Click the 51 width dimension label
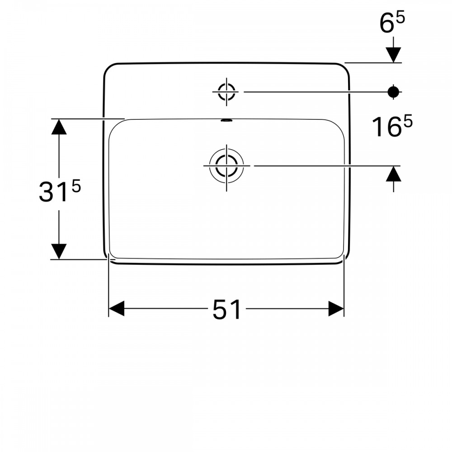click(x=226, y=310)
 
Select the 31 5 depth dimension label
click(x=60, y=191)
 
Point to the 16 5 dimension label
click(x=392, y=126)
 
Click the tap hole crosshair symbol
click(x=226, y=92)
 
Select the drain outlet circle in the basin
click(x=226, y=166)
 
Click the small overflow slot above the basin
click(x=226, y=120)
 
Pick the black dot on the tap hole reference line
click(x=393, y=92)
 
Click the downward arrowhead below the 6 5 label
click(x=394, y=55)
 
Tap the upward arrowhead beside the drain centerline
click(x=394, y=174)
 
